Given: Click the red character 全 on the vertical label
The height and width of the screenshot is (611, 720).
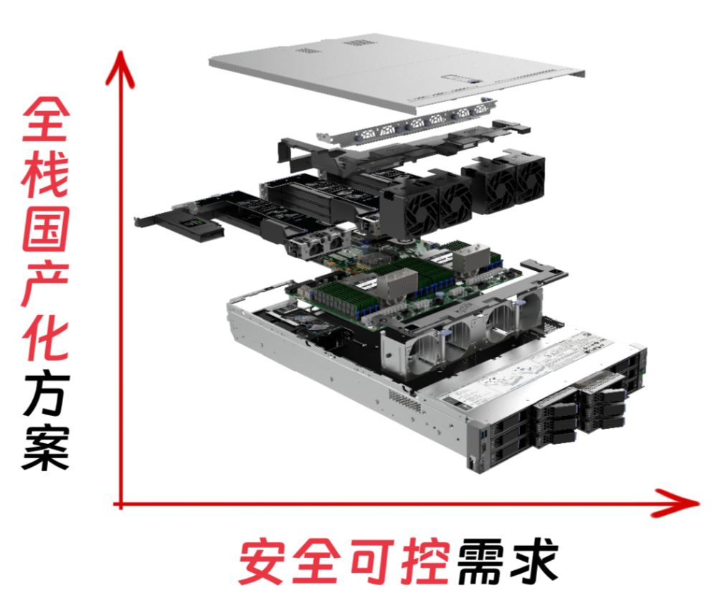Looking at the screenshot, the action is pyautogui.click(x=46, y=119).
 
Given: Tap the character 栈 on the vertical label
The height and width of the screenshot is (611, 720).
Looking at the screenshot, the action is pyautogui.click(x=46, y=174).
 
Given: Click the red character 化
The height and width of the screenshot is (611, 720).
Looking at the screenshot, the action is pyautogui.click(x=46, y=337).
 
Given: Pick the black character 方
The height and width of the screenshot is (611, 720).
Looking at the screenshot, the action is pyautogui.click(x=46, y=392).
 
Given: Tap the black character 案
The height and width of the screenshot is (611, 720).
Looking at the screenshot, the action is pyautogui.click(x=46, y=447).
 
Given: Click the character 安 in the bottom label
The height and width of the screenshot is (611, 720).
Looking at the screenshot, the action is pyautogui.click(x=261, y=562).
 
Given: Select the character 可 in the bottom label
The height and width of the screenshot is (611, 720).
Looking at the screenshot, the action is pyautogui.click(x=372, y=562).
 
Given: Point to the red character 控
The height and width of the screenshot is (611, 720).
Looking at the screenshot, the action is pyautogui.click(x=425, y=562).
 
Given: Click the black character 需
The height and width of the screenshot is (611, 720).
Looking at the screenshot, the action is pyautogui.click(x=480, y=562).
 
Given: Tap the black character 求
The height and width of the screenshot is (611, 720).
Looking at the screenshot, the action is pyautogui.click(x=534, y=562).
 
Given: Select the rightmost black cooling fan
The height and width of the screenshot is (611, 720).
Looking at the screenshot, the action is pyautogui.click(x=531, y=181).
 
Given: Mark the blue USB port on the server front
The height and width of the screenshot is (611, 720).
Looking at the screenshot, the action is pyautogui.click(x=483, y=434).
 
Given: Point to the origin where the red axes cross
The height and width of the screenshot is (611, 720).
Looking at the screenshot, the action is pyautogui.click(x=120, y=504).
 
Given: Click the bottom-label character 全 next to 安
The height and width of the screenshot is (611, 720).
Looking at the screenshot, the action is pyautogui.click(x=317, y=562).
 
